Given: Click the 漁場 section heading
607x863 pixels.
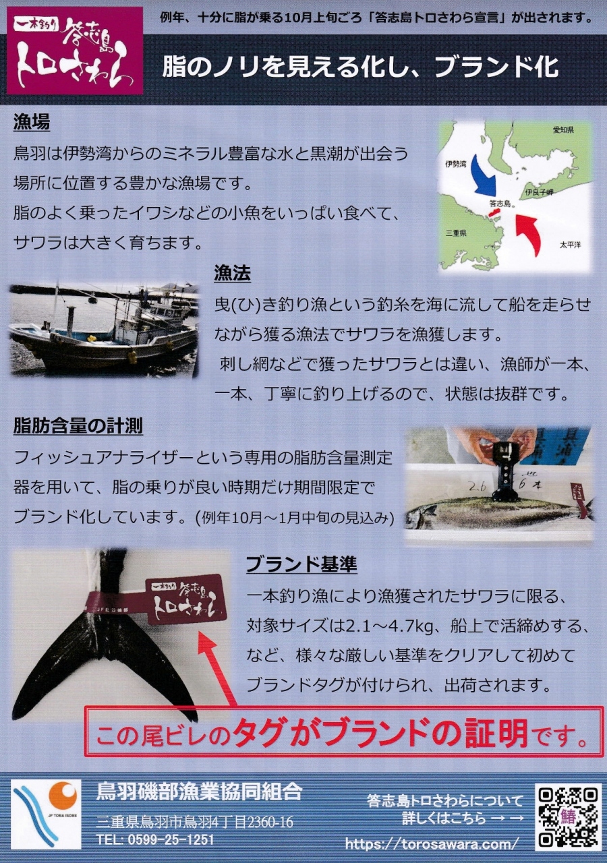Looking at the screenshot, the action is [32, 123].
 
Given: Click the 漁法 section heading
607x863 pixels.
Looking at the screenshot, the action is [233, 273].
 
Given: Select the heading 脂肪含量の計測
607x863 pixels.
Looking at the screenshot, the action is [78, 425].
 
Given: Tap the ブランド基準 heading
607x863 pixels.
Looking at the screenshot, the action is [301, 565].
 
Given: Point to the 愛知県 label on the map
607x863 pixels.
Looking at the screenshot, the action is [563, 130].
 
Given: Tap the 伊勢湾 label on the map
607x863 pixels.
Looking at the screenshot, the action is [455, 164].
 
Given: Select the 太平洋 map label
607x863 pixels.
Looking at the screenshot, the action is [570, 245].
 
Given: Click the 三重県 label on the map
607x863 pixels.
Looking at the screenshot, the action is [456, 233].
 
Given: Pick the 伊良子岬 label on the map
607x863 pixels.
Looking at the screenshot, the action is [540, 192].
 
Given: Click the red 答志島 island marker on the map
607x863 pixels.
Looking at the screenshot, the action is [494, 212].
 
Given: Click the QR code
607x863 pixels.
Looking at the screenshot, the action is [568, 818].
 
